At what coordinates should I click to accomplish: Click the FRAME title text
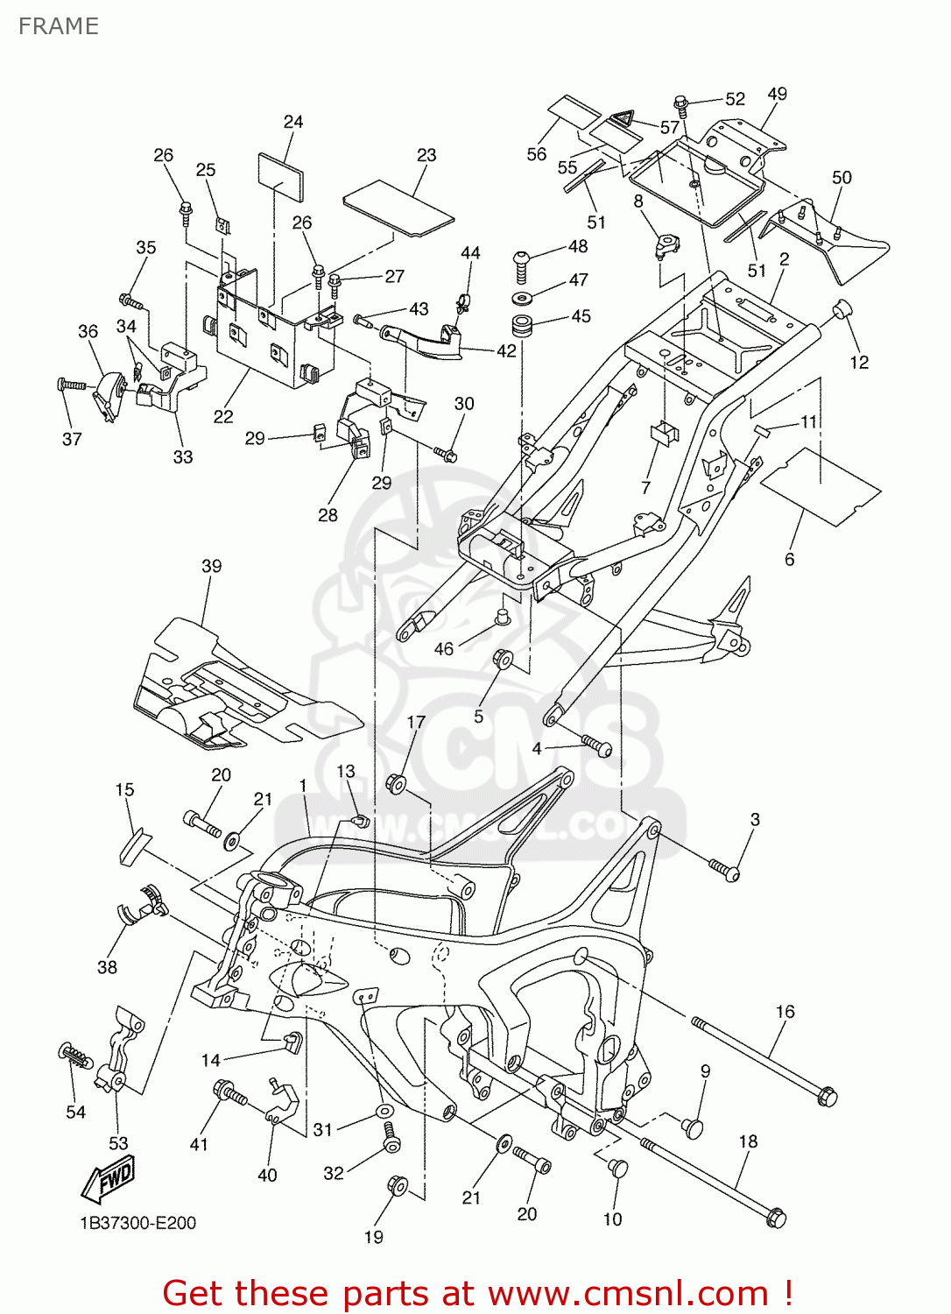tap(59, 26)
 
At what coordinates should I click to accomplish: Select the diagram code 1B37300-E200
tap(137, 1223)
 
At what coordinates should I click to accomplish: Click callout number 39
tap(212, 566)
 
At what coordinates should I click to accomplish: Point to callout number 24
tap(293, 122)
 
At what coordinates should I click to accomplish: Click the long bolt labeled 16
tap(762, 1058)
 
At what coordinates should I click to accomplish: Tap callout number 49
tap(777, 94)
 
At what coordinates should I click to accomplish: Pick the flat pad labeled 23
tap(398, 208)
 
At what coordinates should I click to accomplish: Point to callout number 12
tap(859, 362)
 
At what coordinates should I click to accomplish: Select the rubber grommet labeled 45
tap(523, 327)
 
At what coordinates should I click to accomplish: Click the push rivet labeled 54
tap(75, 1056)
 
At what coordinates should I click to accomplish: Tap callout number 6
tap(789, 559)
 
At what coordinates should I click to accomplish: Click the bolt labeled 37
tap(72, 385)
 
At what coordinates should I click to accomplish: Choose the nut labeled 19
tap(397, 1186)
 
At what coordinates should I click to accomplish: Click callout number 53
tap(118, 1143)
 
